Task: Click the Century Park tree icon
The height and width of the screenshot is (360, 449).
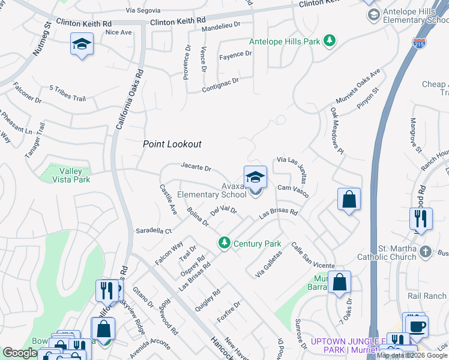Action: coord(224,242)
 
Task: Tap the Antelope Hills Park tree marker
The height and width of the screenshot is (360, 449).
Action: coord(329,41)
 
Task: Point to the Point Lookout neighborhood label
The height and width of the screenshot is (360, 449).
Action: coord(172,144)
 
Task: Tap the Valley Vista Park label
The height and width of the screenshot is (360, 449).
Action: coord(67,175)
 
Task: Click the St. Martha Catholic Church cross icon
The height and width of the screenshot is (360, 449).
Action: coord(426,251)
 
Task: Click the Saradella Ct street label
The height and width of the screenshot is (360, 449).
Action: coord(154,230)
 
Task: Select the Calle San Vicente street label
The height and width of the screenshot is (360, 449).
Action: coord(312,256)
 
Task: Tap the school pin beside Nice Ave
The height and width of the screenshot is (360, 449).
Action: coord(82,45)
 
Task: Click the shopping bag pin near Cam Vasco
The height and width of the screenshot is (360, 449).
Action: coord(349,199)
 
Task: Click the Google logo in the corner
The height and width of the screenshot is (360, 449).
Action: coord(20,353)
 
